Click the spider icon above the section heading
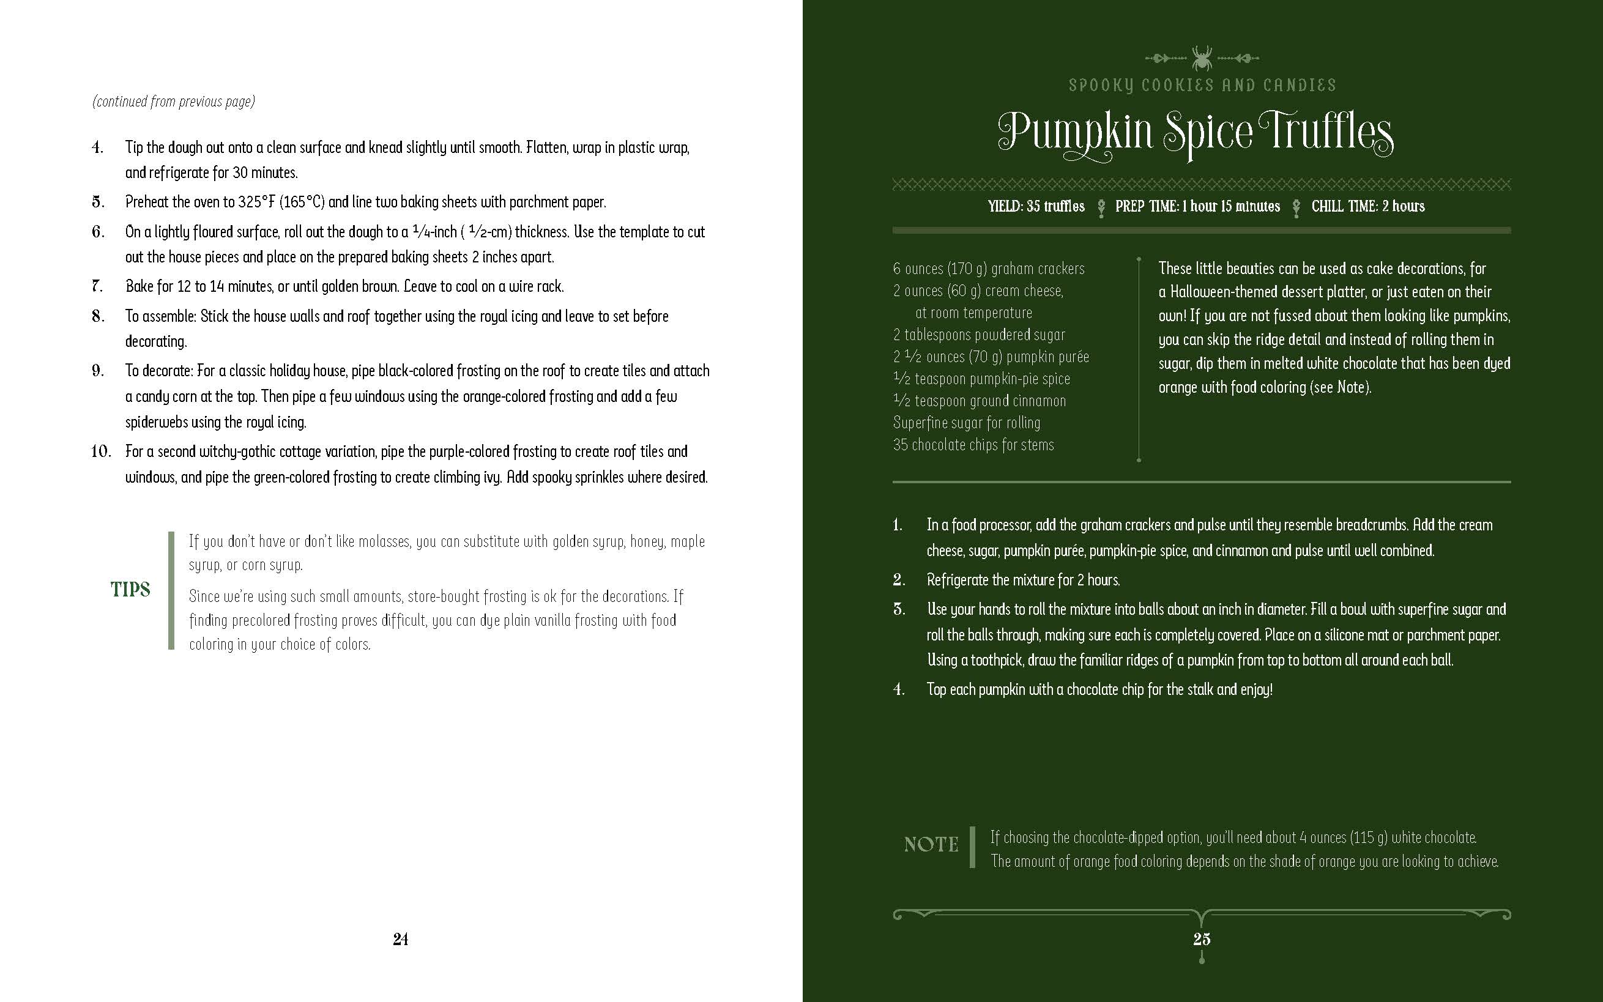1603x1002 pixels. pyautogui.click(x=1202, y=58)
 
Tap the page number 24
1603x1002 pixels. pyautogui.click(x=400, y=939)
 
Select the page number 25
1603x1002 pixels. pyautogui.click(x=1202, y=939)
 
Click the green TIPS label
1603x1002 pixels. pyautogui.click(x=130, y=589)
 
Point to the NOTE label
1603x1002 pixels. pyautogui.click(x=931, y=844)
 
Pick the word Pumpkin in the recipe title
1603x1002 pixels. pyautogui.click(x=1076, y=133)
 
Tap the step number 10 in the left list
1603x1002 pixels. pyautogui.click(x=101, y=451)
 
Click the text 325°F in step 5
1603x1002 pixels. pyautogui.click(x=256, y=202)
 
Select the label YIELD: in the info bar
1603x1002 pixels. pyautogui.click(x=1005, y=206)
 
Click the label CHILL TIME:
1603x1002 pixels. pyautogui.click(x=1345, y=206)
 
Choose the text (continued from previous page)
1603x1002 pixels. pyautogui.click(x=174, y=102)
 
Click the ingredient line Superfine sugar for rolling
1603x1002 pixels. pyautogui.click(x=966, y=423)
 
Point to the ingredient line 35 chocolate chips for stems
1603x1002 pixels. pyautogui.click(x=973, y=445)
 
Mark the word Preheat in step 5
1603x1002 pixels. pyautogui.click(x=147, y=202)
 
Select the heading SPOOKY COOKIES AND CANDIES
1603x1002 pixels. pyautogui.click(x=1202, y=86)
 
